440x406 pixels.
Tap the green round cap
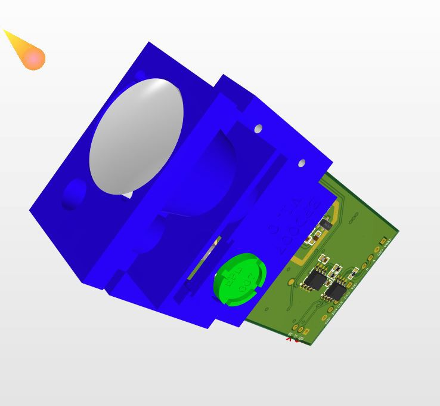238,279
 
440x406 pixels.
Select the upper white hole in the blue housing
258,129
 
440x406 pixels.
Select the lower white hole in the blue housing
302,163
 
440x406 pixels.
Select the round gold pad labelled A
371,257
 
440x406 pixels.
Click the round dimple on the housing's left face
74,193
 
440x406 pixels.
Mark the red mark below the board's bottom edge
289,339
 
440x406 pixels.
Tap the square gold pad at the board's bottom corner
306,331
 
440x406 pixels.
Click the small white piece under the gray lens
127,195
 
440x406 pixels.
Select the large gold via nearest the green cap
291,281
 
